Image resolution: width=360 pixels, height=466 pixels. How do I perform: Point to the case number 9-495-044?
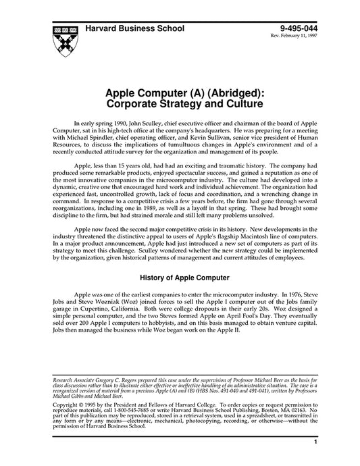(x=297, y=29)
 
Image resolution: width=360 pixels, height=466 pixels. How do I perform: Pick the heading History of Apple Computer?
(x=184, y=277)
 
